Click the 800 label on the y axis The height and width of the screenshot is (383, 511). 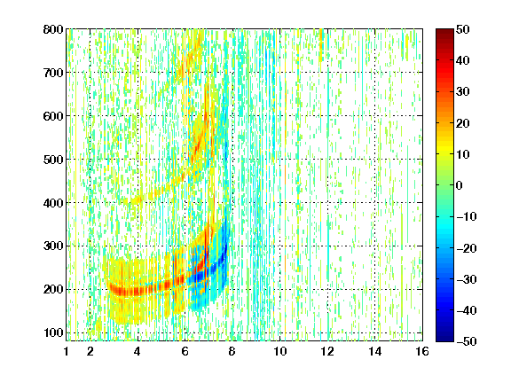coord(53,29)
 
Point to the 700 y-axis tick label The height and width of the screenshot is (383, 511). coord(53,73)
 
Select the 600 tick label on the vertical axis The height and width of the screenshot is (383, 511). coord(53,116)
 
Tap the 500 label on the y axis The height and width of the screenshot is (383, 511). coord(53,160)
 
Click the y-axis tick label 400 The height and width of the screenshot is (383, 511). coord(53,203)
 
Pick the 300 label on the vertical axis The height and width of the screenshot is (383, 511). coord(53,246)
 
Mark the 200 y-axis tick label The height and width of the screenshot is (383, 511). coord(53,290)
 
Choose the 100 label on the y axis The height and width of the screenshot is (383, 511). coord(53,332)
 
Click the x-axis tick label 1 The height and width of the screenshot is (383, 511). coord(67,352)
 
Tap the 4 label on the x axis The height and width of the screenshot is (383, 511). coord(138,352)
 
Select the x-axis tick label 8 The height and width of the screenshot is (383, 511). coord(232,352)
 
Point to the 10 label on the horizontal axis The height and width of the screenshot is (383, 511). coord(280,352)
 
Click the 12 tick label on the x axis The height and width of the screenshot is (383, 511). coord(327,352)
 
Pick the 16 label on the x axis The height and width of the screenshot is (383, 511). coord(422,352)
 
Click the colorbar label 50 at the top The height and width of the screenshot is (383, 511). coord(463,29)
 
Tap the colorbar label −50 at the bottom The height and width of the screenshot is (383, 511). coord(467,341)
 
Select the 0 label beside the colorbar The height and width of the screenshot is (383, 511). coord(459,185)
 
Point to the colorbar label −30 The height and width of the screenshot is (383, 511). coord(467,279)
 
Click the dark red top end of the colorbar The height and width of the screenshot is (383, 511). coord(444,32)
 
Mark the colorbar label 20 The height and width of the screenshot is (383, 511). coord(463,123)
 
